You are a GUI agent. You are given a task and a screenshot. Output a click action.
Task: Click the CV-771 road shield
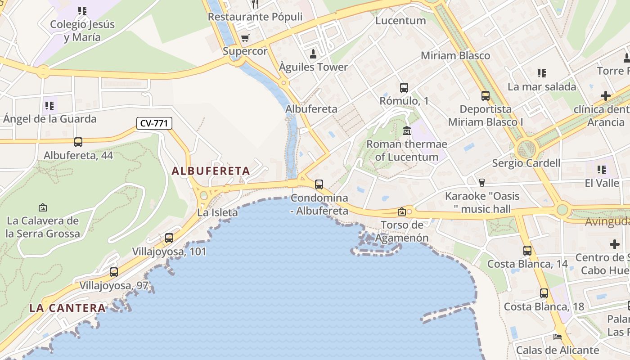[154, 123]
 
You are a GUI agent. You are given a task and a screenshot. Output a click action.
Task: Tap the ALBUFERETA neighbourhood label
[211, 171]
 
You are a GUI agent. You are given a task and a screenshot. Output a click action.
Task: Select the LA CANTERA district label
[67, 308]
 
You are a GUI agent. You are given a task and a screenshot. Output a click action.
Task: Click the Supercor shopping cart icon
[245, 38]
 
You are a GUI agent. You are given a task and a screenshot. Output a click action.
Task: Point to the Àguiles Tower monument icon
[313, 54]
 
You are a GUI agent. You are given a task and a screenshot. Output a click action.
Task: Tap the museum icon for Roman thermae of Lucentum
[407, 131]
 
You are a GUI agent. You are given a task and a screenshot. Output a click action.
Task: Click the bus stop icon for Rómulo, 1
[404, 87]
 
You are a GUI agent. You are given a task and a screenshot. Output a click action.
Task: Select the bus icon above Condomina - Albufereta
[319, 184]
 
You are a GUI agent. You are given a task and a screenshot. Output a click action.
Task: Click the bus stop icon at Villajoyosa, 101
[169, 238]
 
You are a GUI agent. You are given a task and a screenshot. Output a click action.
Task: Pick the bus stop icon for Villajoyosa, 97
[114, 272]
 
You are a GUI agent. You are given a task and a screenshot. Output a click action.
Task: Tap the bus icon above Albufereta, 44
[78, 142]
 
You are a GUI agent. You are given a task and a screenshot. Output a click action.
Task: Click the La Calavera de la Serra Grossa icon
[43, 207]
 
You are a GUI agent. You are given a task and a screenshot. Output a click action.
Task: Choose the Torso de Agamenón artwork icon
[401, 211]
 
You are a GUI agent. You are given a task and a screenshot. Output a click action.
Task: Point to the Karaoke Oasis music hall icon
[482, 182]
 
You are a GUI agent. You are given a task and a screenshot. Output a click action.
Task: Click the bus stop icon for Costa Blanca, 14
[527, 250]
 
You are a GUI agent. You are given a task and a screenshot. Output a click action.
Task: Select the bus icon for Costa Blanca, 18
[544, 293]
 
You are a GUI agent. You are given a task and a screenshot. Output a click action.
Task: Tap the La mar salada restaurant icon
[542, 73]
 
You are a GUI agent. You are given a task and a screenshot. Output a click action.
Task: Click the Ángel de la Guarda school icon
[49, 106]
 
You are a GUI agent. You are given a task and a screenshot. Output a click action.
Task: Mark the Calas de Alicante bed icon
[558, 337]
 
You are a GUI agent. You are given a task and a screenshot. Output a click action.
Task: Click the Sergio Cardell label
[526, 163]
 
